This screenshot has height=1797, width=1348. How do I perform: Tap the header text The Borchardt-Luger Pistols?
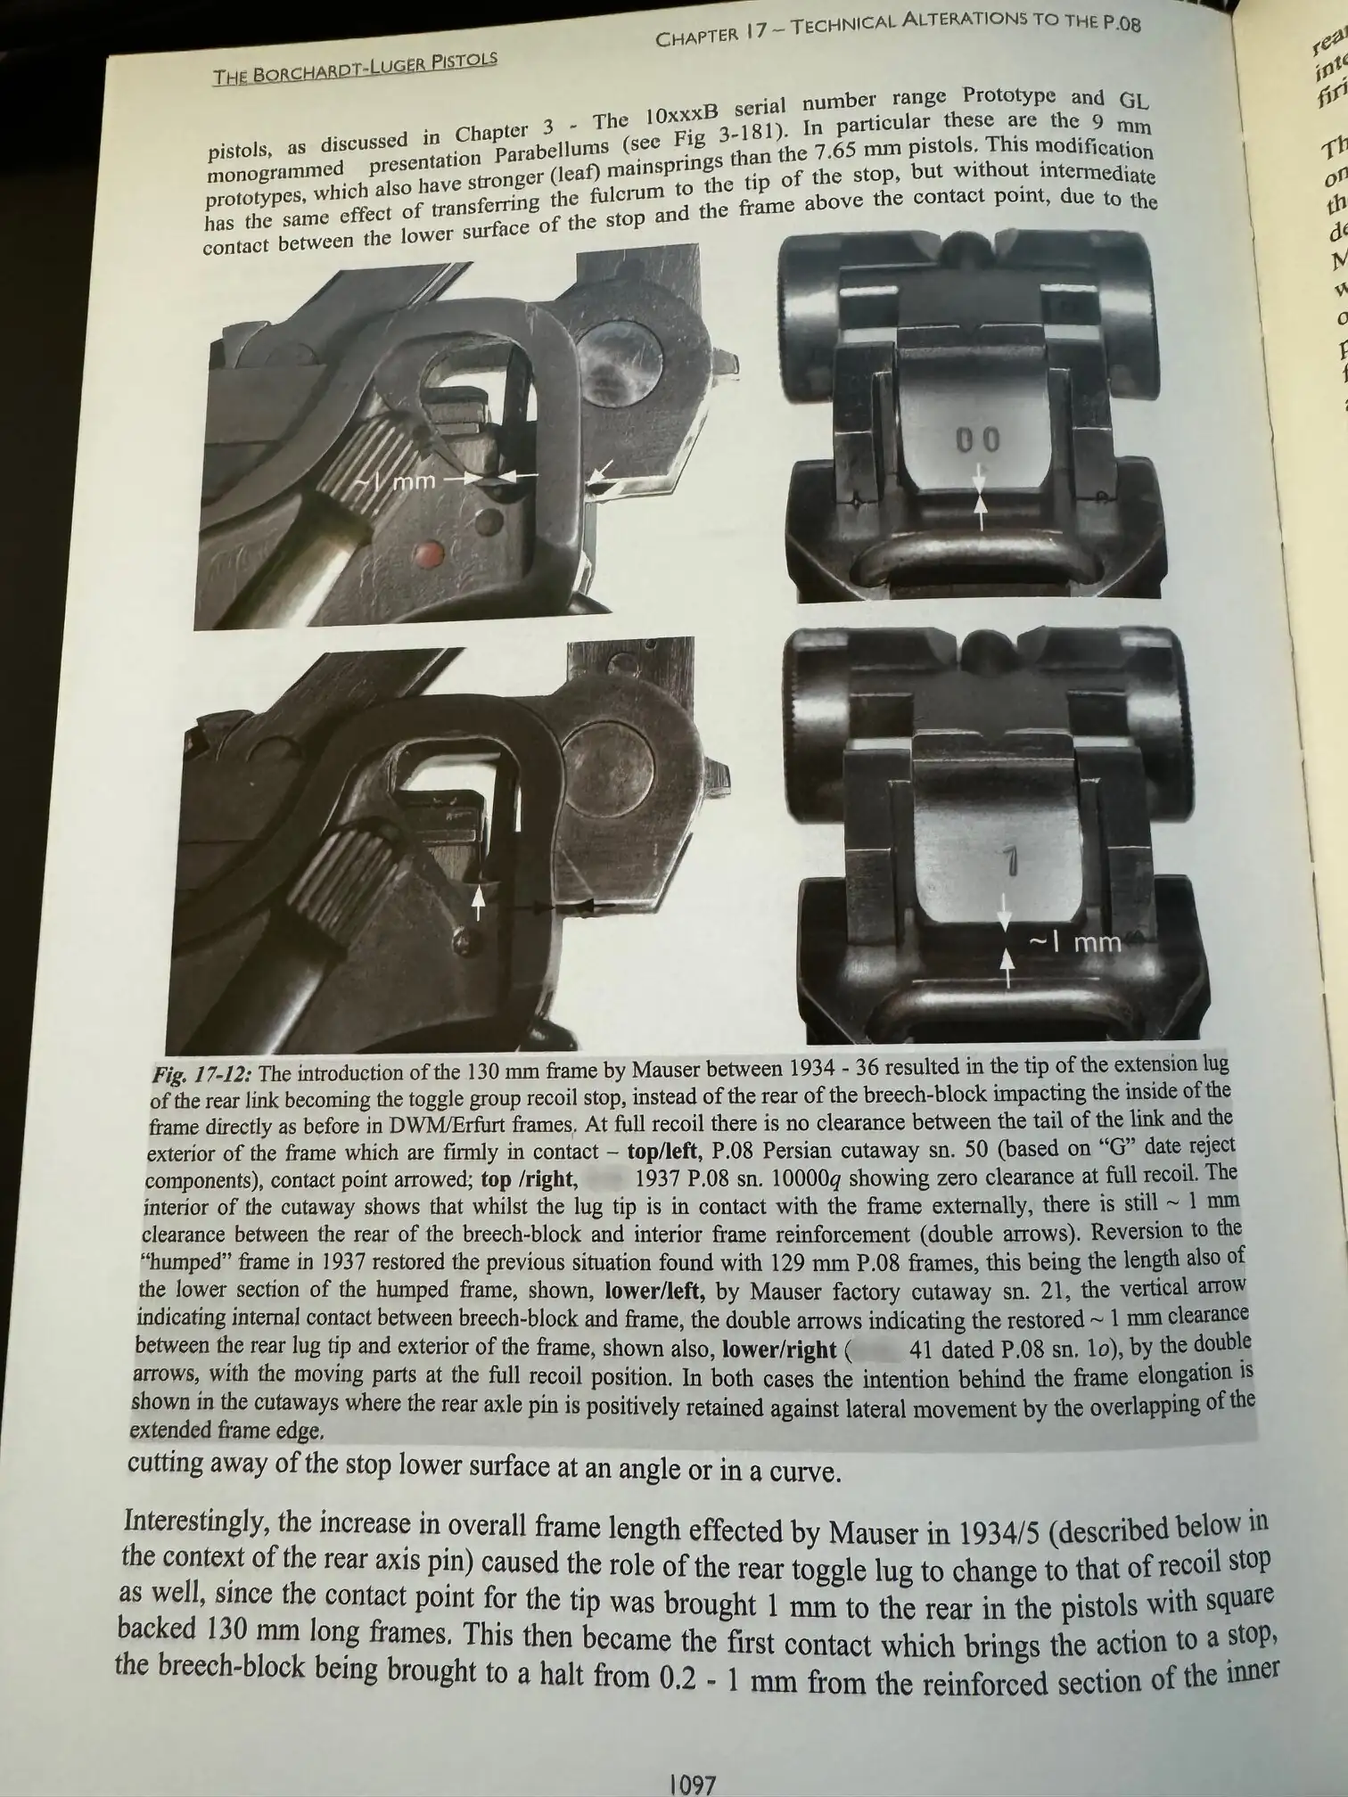coord(354,67)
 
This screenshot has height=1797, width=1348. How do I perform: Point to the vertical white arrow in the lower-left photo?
coord(479,902)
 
